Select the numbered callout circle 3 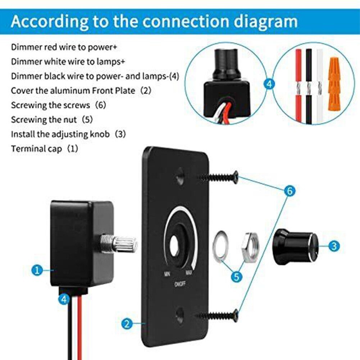click(x=334, y=246)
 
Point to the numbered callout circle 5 click(x=236, y=277)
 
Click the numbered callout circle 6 click(x=290, y=191)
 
